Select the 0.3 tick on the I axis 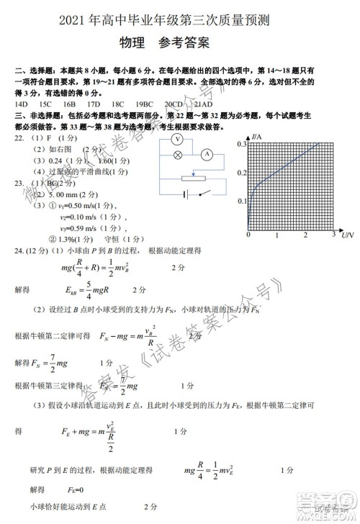click(x=242, y=144)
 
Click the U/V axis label click(x=347, y=235)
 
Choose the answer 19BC click(x=145, y=104)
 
